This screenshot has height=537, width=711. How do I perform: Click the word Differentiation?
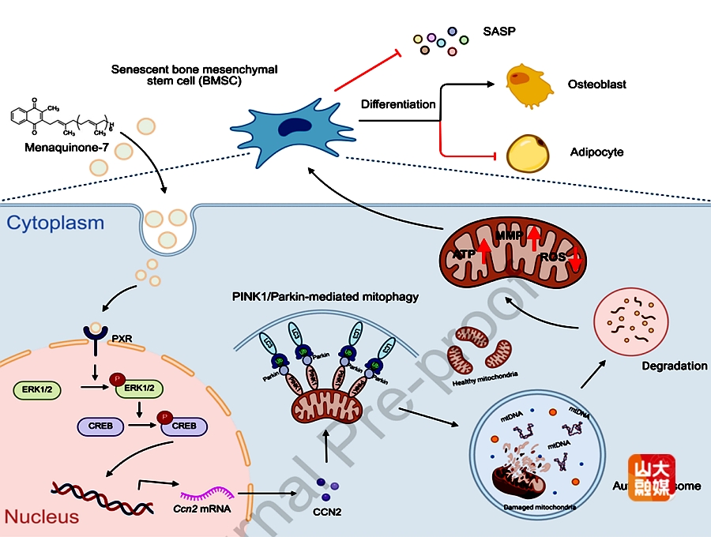398,104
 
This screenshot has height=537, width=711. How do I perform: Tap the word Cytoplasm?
55,223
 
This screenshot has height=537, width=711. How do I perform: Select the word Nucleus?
42,516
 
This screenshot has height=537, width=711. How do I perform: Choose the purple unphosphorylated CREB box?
100,426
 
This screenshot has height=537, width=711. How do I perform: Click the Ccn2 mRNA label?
204,509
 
